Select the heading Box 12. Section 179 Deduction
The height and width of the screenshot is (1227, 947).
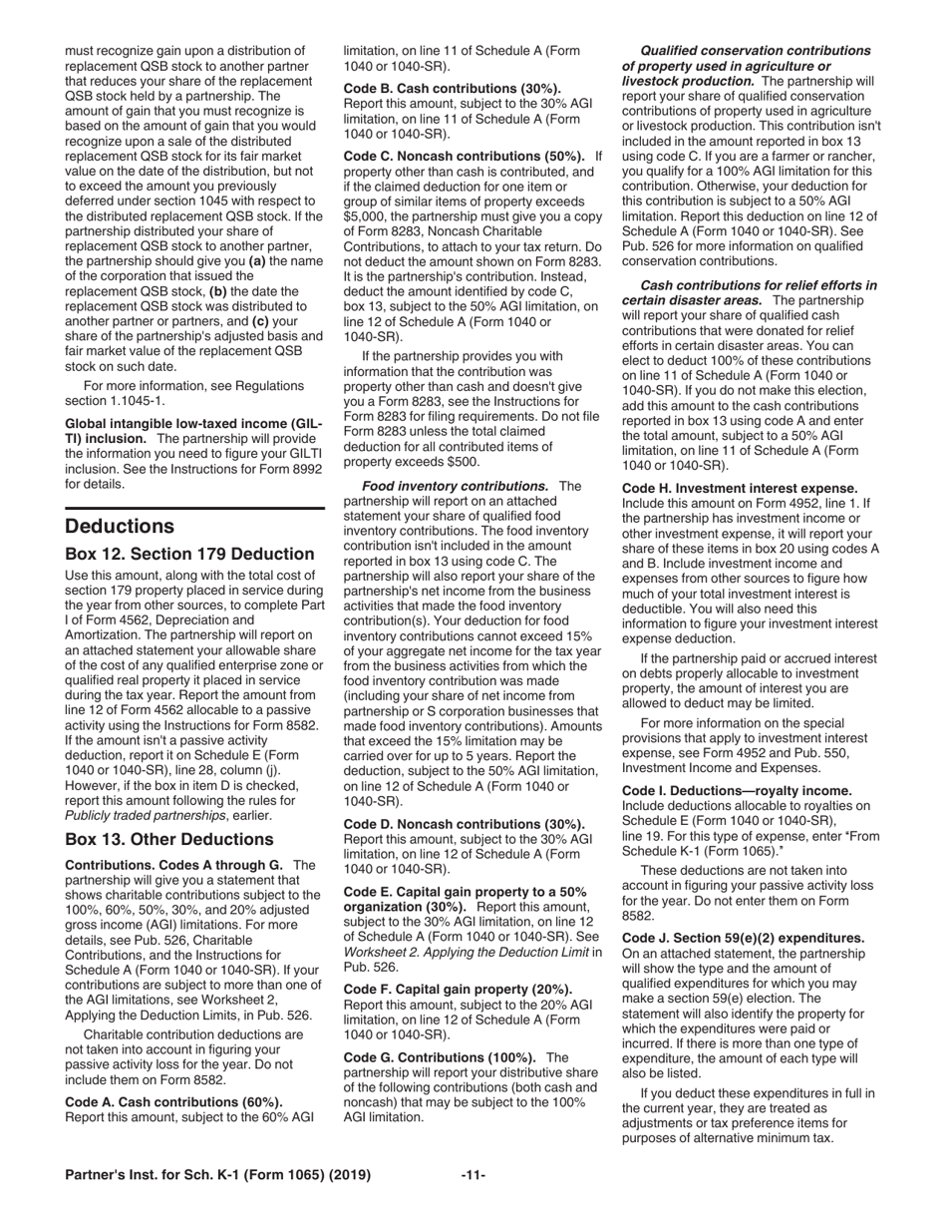(x=189, y=554)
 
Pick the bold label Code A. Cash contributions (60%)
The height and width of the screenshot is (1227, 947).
(x=173, y=1102)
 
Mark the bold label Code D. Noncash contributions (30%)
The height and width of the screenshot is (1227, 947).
(x=464, y=824)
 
